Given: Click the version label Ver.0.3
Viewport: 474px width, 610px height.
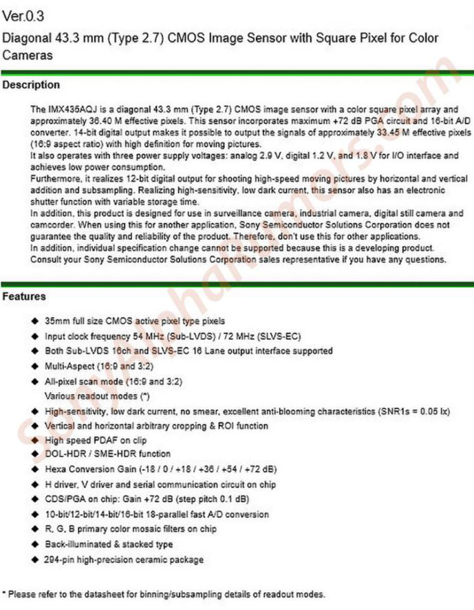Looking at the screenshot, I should [24, 14].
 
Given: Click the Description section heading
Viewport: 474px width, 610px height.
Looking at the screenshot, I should [31, 85].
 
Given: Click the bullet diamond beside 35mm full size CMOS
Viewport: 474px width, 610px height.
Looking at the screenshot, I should [34, 321].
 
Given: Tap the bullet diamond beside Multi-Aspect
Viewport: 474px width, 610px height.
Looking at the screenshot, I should [34, 367].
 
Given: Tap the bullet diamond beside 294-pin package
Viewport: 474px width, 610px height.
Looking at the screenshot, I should [34, 560].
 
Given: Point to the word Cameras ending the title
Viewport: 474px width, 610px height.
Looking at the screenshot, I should [28, 55].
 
